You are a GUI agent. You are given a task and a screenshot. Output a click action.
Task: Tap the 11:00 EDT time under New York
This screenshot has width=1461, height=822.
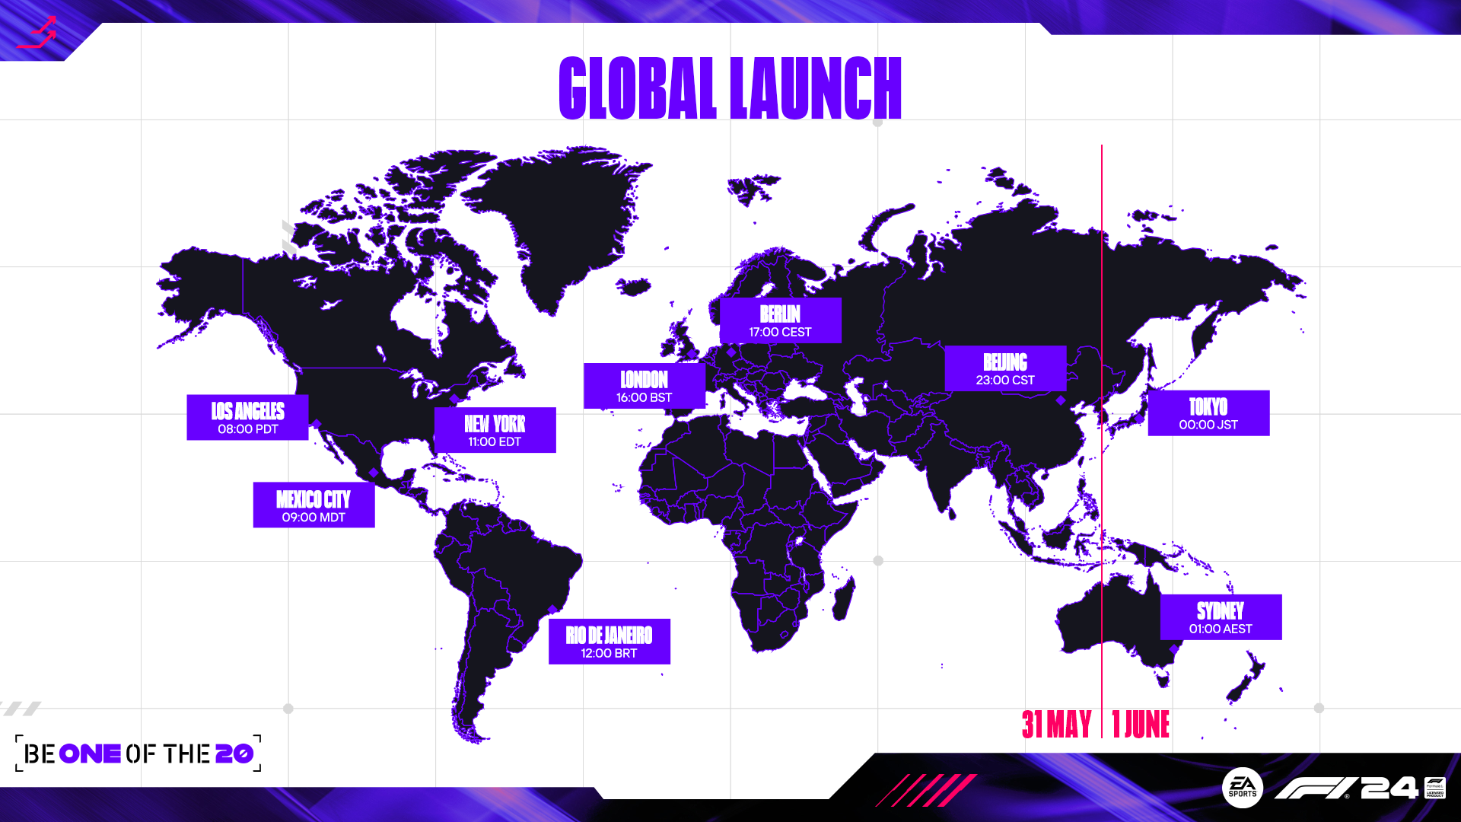click(x=495, y=441)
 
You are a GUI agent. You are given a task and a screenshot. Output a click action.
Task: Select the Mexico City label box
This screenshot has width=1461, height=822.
click(x=314, y=505)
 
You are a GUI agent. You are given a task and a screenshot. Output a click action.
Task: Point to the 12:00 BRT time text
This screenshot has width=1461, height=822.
click(x=609, y=653)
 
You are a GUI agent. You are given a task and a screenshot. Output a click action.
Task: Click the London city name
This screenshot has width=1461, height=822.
click(x=644, y=380)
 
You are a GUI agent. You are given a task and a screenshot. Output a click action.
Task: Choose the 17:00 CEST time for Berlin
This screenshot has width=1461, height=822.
click(x=780, y=332)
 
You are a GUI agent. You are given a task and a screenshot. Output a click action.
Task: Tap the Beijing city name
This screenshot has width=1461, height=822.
click(x=1005, y=362)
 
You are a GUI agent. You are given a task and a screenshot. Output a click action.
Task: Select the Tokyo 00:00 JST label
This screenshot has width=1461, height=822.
click(x=1208, y=413)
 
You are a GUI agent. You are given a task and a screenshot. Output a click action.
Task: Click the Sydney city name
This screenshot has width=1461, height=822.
click(x=1221, y=611)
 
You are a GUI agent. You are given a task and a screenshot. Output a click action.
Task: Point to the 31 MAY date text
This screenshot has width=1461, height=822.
click(x=1057, y=724)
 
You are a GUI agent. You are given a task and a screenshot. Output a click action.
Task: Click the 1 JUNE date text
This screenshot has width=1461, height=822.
click(x=1141, y=724)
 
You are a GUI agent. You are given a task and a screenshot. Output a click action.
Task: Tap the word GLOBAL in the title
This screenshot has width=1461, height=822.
click(x=638, y=88)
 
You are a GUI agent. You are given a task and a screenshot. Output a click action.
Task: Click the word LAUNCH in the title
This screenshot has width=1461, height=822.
click(x=816, y=88)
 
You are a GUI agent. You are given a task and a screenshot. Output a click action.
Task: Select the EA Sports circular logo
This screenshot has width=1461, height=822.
click(x=1243, y=789)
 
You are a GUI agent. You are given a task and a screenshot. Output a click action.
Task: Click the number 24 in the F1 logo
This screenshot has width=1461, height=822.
click(x=1389, y=788)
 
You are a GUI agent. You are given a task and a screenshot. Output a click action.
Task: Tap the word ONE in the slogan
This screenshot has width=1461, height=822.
click(x=90, y=753)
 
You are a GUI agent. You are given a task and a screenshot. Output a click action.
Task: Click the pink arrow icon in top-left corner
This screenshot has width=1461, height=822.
click(x=37, y=33)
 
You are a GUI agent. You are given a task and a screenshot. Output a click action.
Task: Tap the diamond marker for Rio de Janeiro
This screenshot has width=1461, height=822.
click(x=552, y=610)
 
